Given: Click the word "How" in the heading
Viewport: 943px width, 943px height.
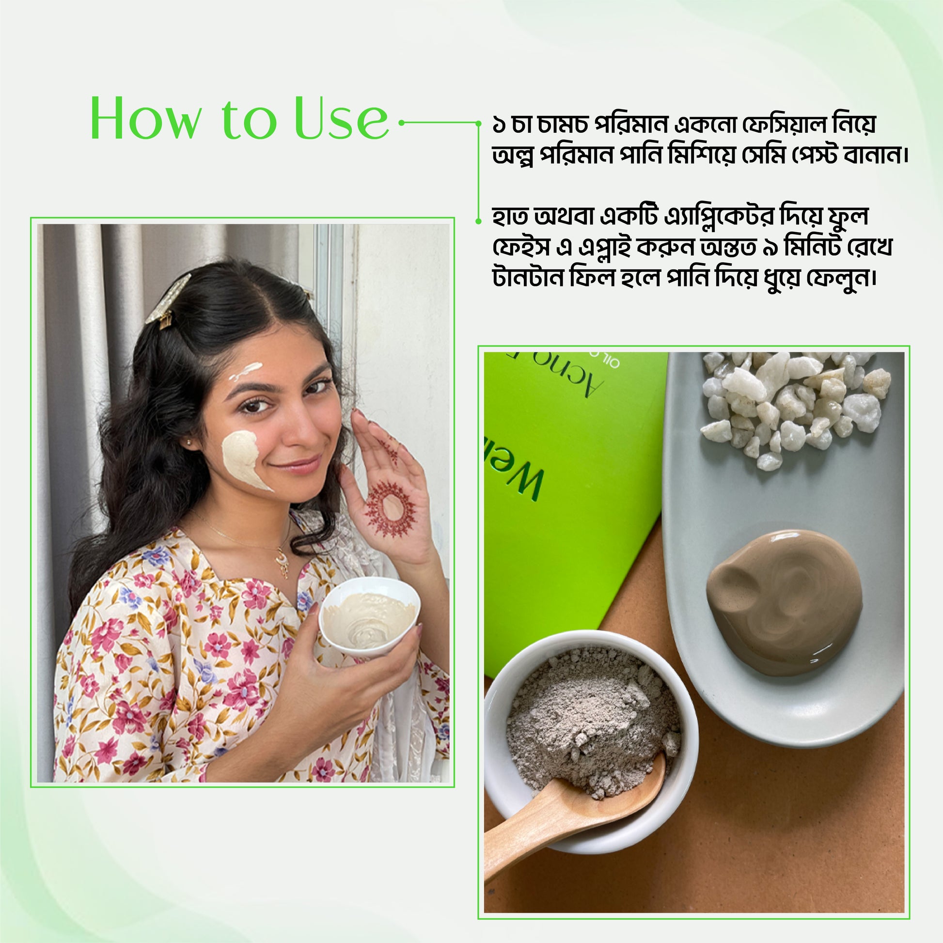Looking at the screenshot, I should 145,119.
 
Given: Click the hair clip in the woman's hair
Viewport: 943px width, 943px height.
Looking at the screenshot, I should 166,299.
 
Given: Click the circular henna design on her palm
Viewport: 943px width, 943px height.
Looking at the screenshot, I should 390,508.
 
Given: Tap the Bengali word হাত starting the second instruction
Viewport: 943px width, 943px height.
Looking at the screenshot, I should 511,217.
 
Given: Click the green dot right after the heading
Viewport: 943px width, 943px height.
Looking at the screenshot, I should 401,123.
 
